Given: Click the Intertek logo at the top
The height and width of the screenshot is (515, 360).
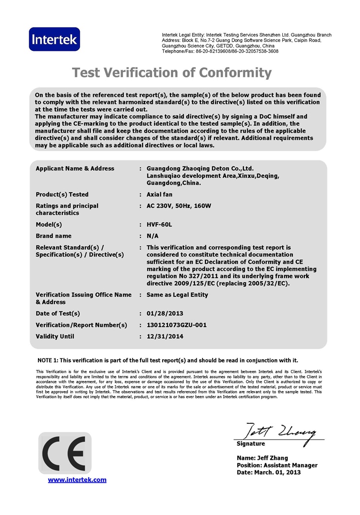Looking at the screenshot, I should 54,40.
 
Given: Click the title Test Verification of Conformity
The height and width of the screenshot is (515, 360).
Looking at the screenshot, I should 172,73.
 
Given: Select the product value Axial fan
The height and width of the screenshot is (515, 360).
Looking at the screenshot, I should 159,195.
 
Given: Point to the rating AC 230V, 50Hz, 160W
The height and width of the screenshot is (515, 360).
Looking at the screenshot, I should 179,206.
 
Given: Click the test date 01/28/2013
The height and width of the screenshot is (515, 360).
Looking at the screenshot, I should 165,314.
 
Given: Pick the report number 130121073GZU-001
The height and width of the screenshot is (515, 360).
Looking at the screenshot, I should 177,325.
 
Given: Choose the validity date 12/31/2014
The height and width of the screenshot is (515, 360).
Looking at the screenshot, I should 165,337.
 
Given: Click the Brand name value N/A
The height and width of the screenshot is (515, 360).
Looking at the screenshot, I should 152,236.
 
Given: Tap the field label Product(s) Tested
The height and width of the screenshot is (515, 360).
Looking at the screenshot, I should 62,195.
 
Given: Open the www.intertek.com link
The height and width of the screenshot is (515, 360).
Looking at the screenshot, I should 77,480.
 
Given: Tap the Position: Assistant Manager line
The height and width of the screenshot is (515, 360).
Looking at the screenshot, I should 277,466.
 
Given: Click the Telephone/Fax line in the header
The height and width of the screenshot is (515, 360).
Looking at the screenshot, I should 220,51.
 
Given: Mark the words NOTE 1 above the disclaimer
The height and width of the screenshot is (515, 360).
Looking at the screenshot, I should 48,360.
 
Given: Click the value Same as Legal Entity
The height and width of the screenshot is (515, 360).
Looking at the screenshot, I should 177,295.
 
